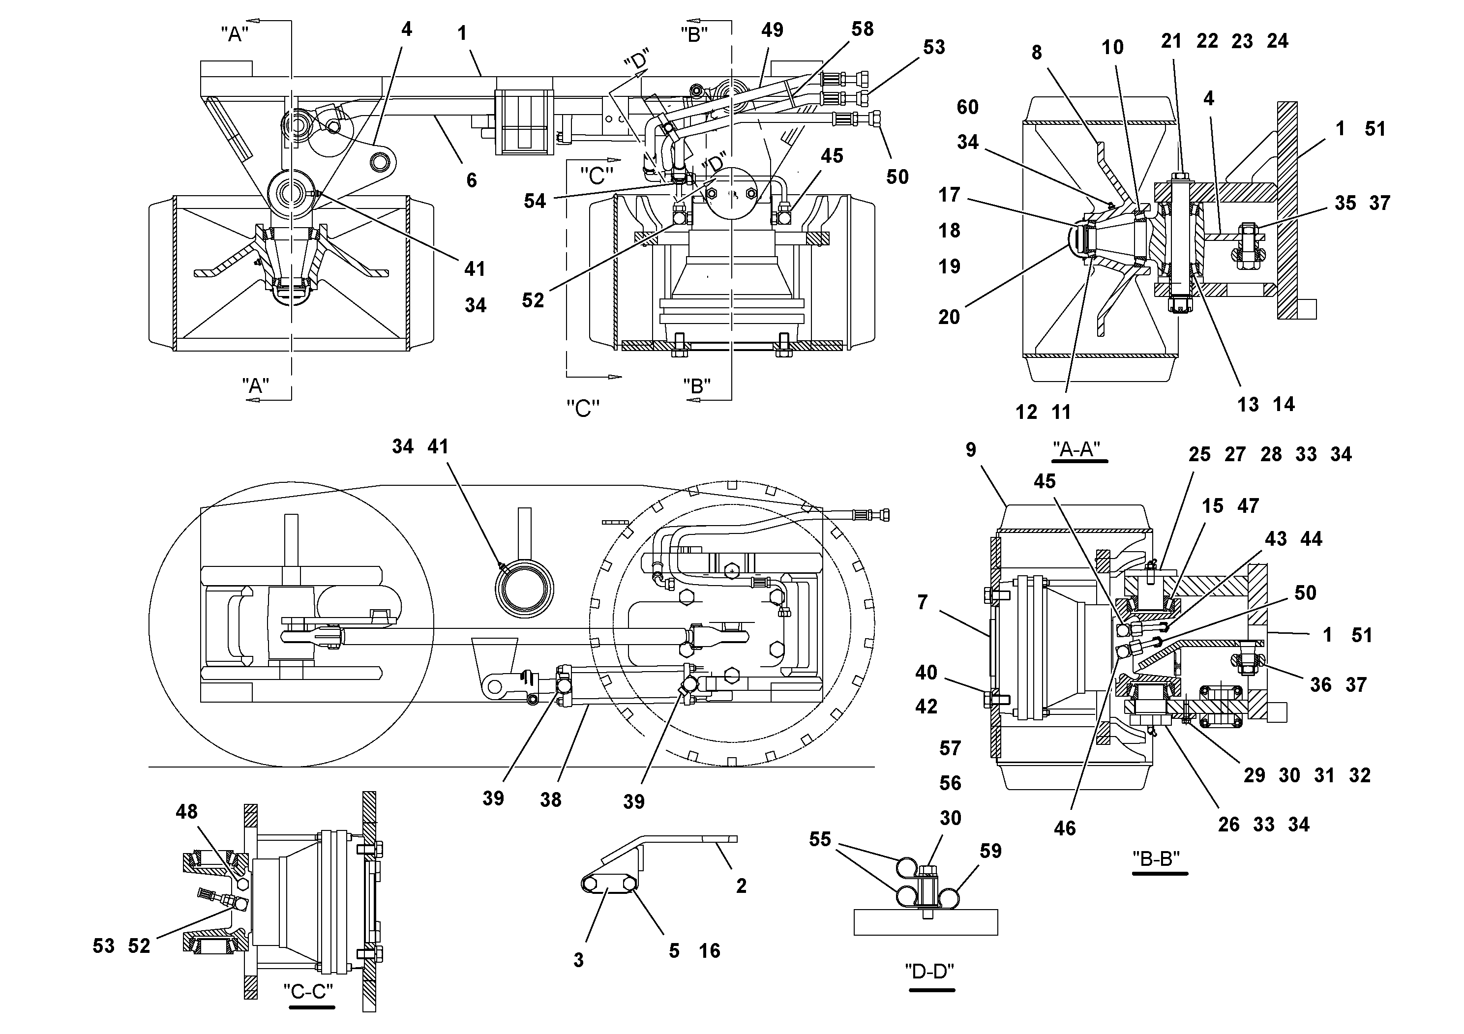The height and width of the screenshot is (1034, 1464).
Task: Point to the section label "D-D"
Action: (930, 972)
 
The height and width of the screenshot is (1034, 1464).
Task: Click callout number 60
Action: (967, 107)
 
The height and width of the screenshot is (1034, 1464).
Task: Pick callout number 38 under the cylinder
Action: (550, 799)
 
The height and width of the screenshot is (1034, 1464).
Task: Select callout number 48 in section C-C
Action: (187, 812)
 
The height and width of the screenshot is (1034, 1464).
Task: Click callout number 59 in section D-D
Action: (990, 851)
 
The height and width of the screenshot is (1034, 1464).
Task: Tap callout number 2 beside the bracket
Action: (741, 885)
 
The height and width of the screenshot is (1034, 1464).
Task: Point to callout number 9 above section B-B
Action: (970, 450)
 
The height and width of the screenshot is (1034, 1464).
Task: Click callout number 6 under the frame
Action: (471, 180)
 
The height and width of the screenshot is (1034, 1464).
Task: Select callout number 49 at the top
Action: (772, 30)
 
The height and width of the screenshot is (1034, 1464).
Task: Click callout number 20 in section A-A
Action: (949, 317)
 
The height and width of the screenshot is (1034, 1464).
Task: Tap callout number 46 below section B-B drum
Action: (1064, 828)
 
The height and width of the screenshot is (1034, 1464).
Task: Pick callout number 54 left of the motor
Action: (535, 202)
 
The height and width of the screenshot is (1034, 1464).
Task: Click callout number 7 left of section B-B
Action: (922, 602)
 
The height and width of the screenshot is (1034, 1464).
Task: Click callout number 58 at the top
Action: (862, 29)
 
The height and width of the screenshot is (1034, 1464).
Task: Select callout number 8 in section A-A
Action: (1036, 52)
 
